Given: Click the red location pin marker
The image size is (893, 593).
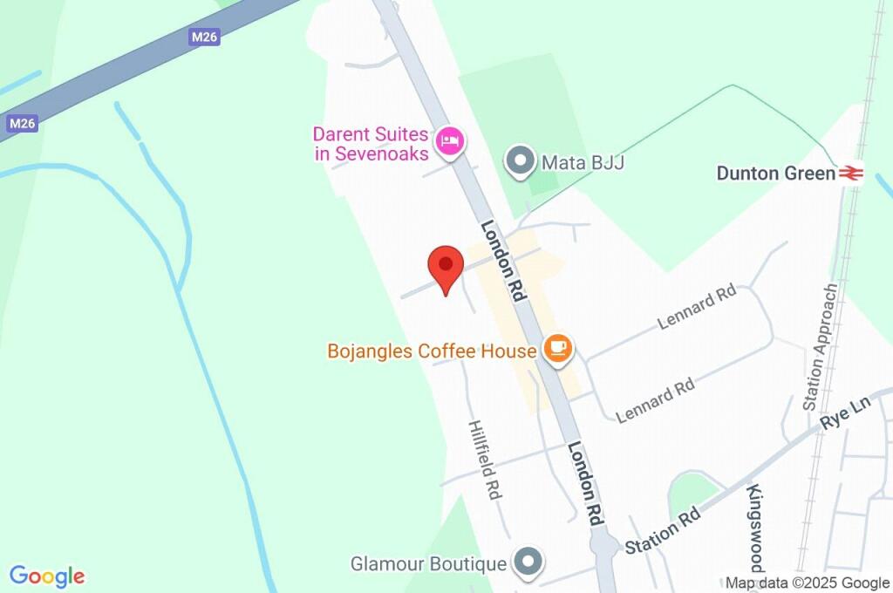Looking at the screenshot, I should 446,265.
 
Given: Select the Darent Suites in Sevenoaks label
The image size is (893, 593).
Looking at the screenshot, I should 372,144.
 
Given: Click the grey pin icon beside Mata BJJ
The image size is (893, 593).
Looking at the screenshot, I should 521,160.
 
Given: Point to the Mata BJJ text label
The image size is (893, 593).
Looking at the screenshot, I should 583,162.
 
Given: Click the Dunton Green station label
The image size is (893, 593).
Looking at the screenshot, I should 775,174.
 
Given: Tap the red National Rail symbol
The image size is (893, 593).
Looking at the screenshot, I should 851,174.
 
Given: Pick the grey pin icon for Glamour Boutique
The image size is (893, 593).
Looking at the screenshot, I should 528,562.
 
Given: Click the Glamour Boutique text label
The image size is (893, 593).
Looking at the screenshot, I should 428,564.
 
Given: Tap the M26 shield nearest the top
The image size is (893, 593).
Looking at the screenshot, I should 204,37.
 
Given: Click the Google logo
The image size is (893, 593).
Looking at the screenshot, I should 47,576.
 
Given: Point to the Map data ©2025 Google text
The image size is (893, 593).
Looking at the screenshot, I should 808,583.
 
